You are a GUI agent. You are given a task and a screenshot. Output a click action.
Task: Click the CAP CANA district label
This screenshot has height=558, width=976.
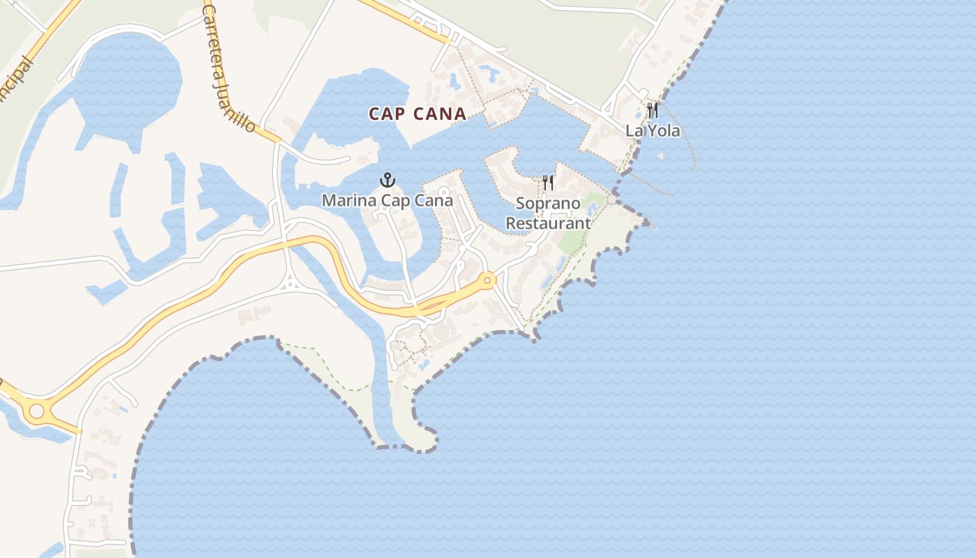[417, 114]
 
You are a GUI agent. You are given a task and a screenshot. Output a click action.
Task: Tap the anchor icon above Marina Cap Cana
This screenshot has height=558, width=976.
[388, 181]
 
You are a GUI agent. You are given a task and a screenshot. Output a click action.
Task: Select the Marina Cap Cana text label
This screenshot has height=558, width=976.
[388, 201]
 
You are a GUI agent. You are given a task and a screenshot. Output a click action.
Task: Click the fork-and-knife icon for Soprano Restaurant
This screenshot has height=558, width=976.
[548, 183]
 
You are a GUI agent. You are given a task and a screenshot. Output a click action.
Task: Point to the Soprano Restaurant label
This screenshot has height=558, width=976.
[548, 213]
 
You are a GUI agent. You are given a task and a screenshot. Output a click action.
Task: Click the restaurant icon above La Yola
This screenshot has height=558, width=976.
[653, 110]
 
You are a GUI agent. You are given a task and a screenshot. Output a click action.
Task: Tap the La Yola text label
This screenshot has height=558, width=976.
[653, 130]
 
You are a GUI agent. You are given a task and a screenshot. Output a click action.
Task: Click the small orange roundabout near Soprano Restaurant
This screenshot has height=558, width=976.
[487, 280]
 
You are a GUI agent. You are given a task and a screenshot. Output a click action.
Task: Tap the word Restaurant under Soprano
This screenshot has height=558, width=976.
[548, 223]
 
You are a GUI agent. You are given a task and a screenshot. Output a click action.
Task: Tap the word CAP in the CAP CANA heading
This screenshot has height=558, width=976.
[386, 114]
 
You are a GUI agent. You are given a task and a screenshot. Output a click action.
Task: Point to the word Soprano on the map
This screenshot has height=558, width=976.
[548, 204]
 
